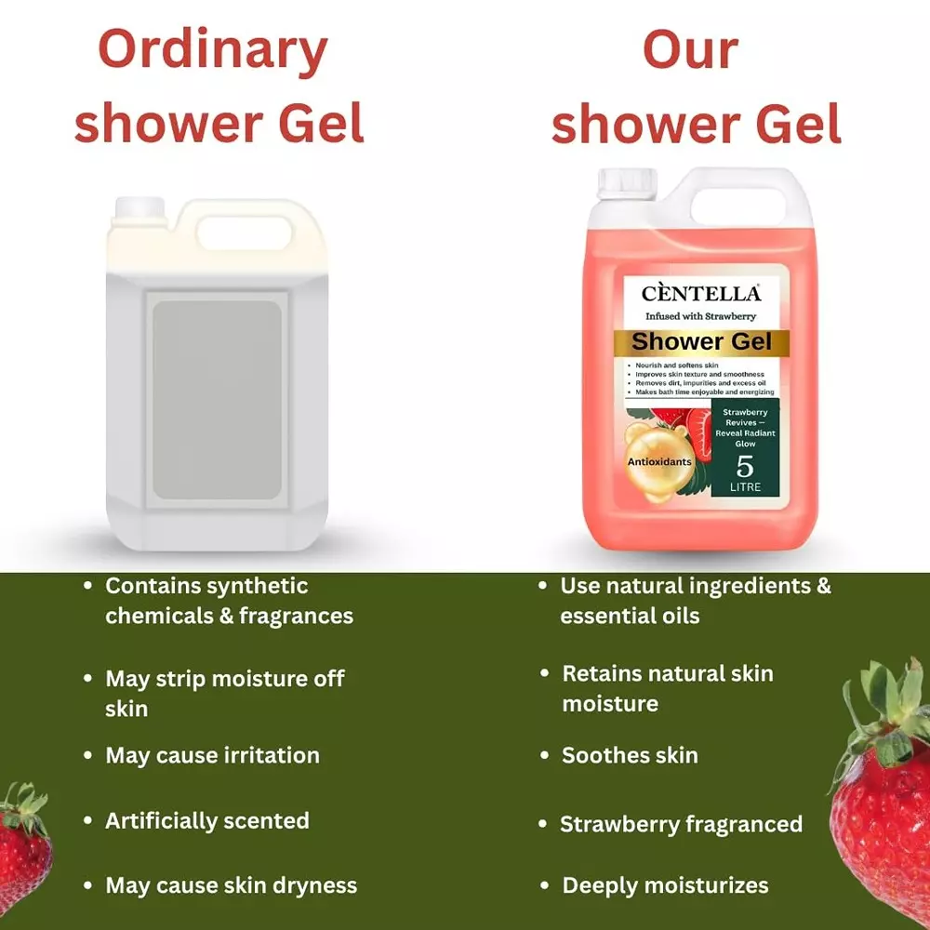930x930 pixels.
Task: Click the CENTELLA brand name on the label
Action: [x=701, y=294]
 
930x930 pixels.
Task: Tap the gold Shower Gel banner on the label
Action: [x=701, y=342]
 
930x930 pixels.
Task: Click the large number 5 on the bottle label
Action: [x=745, y=464]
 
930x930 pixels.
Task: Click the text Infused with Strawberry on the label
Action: [x=701, y=317]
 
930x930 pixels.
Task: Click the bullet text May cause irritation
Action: [x=212, y=755]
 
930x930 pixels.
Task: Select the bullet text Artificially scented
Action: [x=206, y=821]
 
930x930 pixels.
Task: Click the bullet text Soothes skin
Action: [x=630, y=755]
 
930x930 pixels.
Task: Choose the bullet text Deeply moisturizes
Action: [x=665, y=885]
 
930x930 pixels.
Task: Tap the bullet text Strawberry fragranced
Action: [x=681, y=824]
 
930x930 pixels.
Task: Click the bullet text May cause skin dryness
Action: [x=231, y=885]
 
